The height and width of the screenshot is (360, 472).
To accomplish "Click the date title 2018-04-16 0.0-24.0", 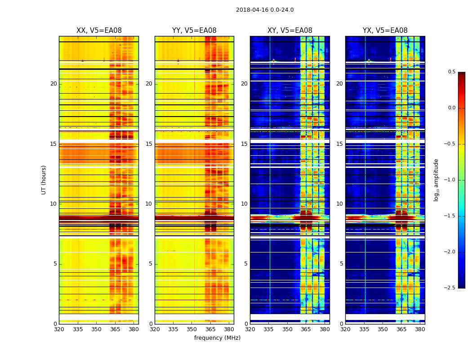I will pyautogui.click(x=265, y=10).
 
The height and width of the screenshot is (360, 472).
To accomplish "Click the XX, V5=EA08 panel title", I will pyautogui.click(x=99, y=31).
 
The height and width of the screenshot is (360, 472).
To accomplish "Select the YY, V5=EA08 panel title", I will pyautogui.click(x=194, y=31).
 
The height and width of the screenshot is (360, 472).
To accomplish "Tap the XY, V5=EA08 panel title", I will pyautogui.click(x=290, y=31).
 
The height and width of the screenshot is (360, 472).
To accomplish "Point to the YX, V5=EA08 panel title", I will pyautogui.click(x=385, y=31).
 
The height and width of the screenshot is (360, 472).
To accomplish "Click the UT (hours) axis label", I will pyautogui.click(x=44, y=180).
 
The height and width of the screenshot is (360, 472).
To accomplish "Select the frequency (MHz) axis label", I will pyautogui.click(x=217, y=338).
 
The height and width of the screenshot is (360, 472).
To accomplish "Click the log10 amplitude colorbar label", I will pyautogui.click(x=436, y=180).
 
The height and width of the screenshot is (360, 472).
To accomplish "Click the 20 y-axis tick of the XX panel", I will pyautogui.click(x=53, y=84).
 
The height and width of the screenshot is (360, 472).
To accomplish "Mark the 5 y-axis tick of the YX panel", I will pyautogui.click(x=341, y=264).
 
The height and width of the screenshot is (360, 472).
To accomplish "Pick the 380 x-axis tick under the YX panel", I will pyautogui.click(x=420, y=329).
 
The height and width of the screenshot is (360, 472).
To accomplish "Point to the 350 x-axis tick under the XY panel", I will pyautogui.click(x=287, y=329).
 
